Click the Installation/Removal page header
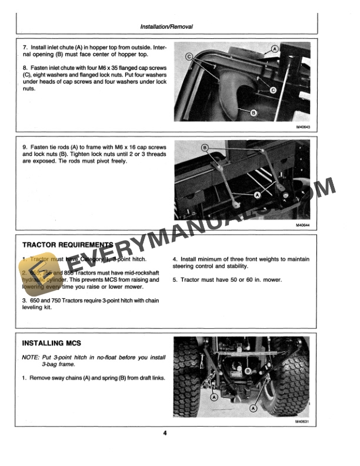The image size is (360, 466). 166,27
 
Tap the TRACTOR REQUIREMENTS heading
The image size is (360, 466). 66,245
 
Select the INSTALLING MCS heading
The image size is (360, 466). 51,343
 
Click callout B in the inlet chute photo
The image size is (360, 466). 254,112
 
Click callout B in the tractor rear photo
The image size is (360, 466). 248,371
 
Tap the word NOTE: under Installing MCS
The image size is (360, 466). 31,358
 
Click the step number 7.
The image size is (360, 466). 24,46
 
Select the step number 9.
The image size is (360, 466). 24,145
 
